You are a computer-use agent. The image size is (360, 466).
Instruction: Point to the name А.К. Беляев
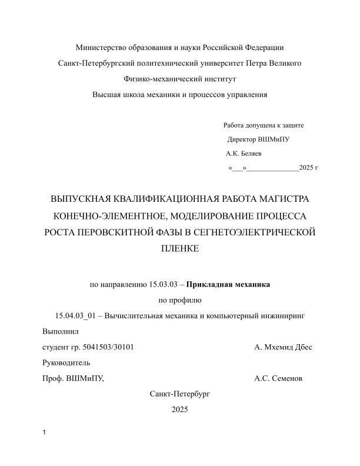[x=244, y=154]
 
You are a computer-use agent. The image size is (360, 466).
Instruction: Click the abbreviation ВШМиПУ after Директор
[x=274, y=139]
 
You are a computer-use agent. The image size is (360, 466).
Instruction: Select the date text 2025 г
[x=308, y=168]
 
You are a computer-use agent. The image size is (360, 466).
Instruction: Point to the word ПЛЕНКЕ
[x=180, y=249]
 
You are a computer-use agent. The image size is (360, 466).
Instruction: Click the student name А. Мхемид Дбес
[x=283, y=347]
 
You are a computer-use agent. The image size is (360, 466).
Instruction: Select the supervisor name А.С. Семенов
[x=278, y=378]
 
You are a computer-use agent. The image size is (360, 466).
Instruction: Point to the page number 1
[x=45, y=434]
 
